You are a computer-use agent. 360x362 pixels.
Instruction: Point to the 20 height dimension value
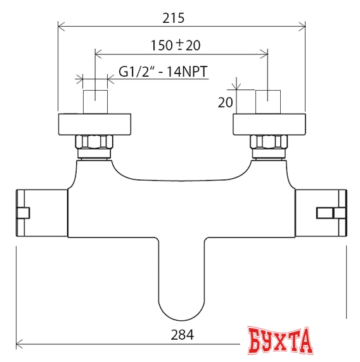(226, 102)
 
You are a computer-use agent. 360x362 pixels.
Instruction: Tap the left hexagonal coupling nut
(94, 145)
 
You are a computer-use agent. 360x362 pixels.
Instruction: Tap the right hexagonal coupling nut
(269, 145)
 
